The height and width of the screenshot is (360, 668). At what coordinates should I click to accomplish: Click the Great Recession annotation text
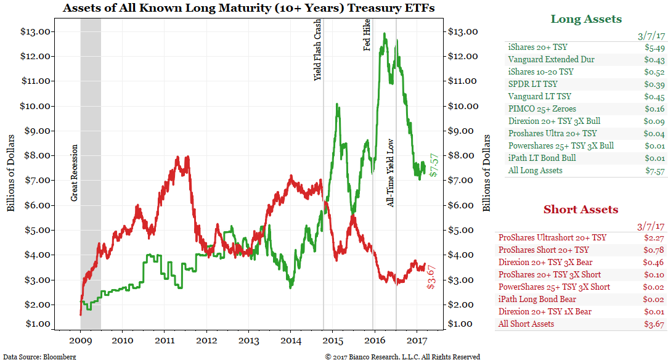(75, 173)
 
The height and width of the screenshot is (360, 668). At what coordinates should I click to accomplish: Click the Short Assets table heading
(580, 210)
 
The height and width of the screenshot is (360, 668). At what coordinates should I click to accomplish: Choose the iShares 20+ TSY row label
(537, 47)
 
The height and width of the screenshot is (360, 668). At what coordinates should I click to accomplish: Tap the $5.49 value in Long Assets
(654, 47)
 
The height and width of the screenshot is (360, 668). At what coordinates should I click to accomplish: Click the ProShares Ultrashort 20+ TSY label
(552, 237)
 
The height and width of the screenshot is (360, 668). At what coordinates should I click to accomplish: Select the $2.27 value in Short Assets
(654, 237)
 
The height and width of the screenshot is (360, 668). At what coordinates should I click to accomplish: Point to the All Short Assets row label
(526, 324)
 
